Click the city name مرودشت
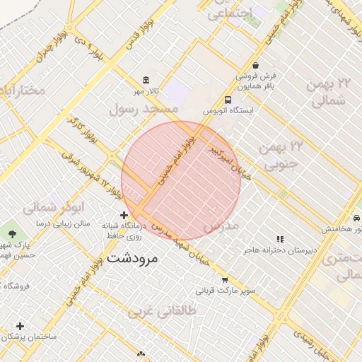(x=135, y=259)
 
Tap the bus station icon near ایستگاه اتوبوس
(x=228, y=100)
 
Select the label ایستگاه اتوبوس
(x=228, y=111)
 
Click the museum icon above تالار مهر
(x=146, y=80)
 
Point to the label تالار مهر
(x=148, y=91)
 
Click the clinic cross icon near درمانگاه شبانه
(x=124, y=215)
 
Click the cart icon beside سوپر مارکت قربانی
(x=225, y=279)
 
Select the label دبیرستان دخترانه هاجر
(x=279, y=250)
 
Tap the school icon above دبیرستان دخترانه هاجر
(x=280, y=239)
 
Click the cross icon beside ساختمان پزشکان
(x=20, y=326)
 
